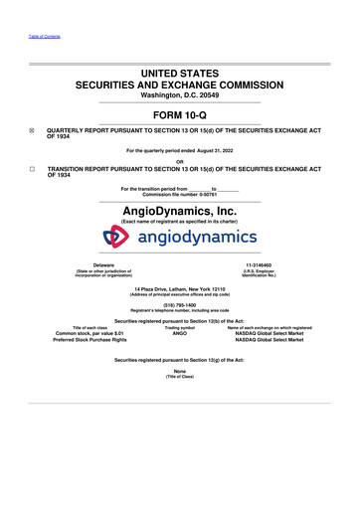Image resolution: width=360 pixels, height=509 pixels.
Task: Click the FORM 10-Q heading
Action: [179, 114]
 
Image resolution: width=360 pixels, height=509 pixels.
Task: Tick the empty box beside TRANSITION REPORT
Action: [31, 170]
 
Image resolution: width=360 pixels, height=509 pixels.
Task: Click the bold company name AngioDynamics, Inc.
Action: [179, 210]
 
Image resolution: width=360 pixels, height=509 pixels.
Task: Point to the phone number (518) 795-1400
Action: [180, 306]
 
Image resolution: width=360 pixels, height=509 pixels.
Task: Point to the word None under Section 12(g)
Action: [180, 371]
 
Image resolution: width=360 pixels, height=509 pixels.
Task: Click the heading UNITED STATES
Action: [179, 74]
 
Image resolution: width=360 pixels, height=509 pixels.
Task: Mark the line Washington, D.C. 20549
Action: [179, 96]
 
